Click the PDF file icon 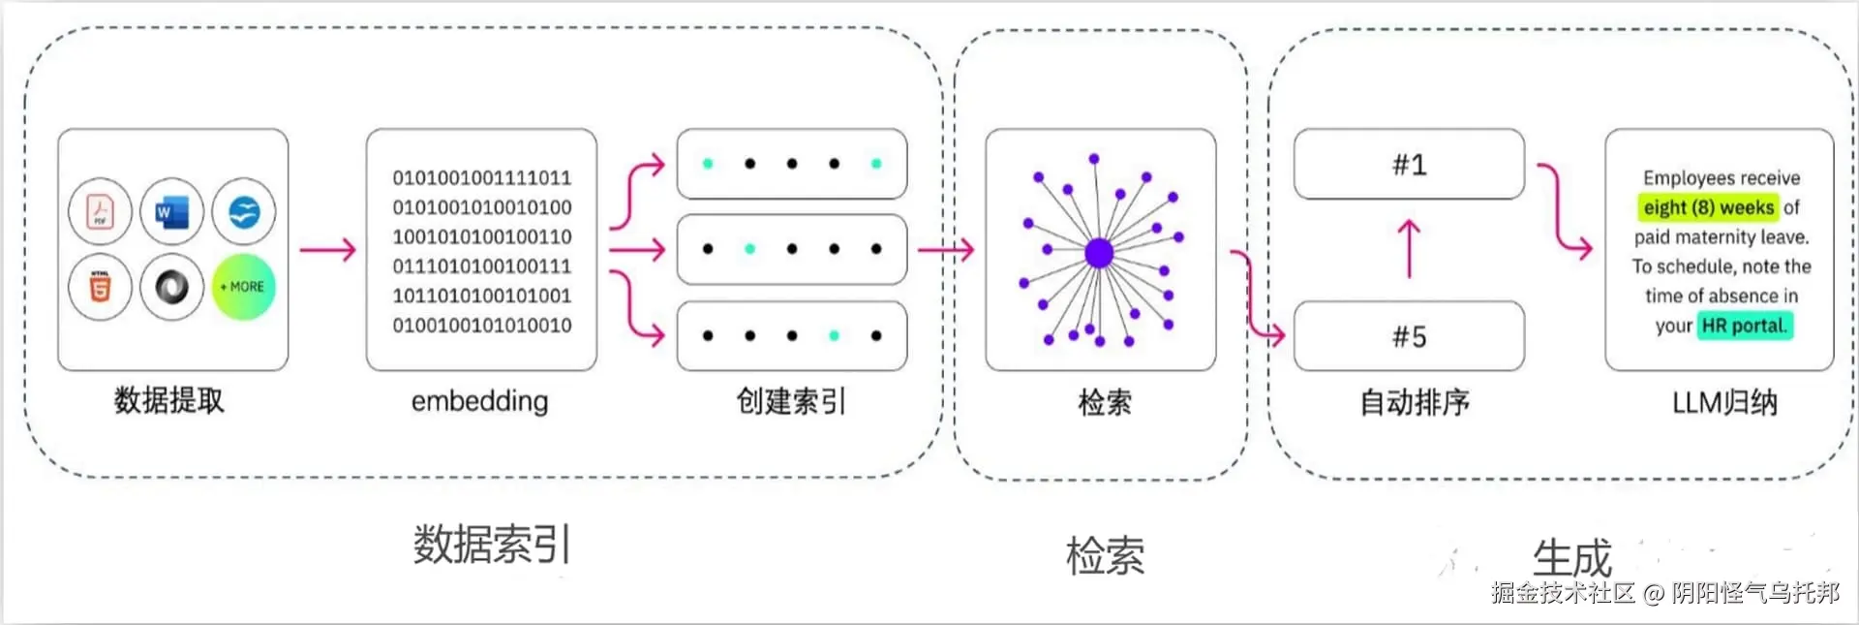click(100, 211)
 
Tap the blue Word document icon click(171, 211)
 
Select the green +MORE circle click(243, 287)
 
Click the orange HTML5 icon click(100, 287)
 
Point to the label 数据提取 click(169, 400)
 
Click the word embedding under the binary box click(479, 401)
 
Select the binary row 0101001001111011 click(481, 177)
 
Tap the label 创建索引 click(791, 401)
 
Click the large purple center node click(1099, 253)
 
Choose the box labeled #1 click(1409, 165)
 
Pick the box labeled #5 click(1409, 336)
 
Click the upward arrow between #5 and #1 click(1409, 249)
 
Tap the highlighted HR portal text click(1745, 326)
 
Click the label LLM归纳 click(1724, 402)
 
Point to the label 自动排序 click(1415, 402)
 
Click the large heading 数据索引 click(492, 545)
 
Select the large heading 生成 click(1571, 558)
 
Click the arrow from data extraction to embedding click(327, 250)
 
